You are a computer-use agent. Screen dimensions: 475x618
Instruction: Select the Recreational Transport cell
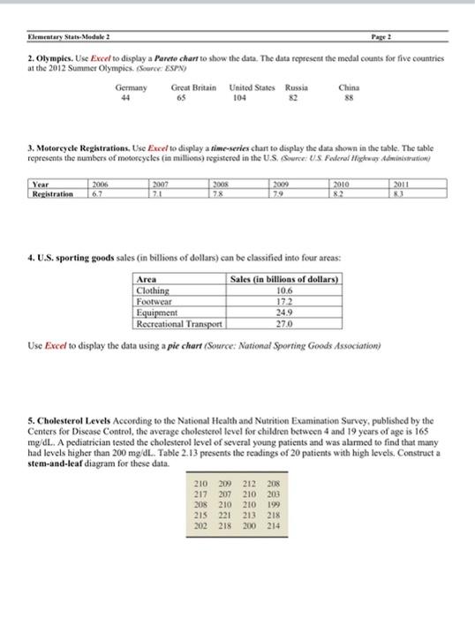pyautogui.click(x=175, y=321)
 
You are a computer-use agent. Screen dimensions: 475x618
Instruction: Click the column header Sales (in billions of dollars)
pyautogui.click(x=284, y=278)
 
